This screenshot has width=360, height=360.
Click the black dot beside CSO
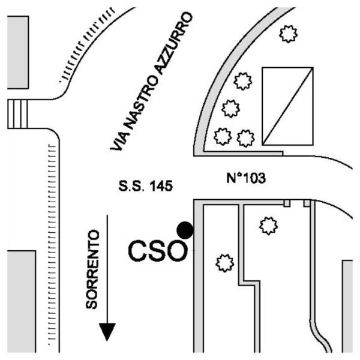tap(185, 230)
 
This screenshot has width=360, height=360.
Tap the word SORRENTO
tap(91, 268)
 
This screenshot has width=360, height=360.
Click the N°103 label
tap(245, 178)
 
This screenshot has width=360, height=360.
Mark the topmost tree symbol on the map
tap(289, 34)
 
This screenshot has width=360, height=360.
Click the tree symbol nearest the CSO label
tap(224, 262)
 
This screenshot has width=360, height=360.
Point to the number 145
tap(161, 187)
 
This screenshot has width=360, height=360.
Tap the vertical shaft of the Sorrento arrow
tap(107, 270)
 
